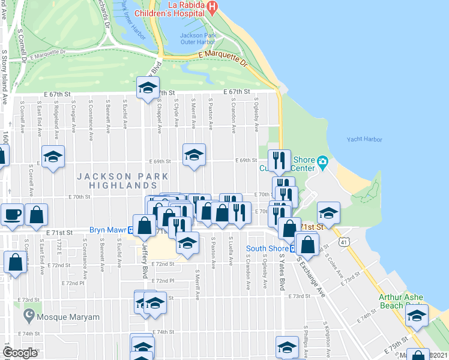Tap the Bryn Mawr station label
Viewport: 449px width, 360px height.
[x=106, y=230]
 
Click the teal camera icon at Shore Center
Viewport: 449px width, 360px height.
[x=323, y=161]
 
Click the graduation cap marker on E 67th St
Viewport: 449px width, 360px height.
[x=146, y=88]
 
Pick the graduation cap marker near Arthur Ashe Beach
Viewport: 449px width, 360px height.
[x=417, y=315]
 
